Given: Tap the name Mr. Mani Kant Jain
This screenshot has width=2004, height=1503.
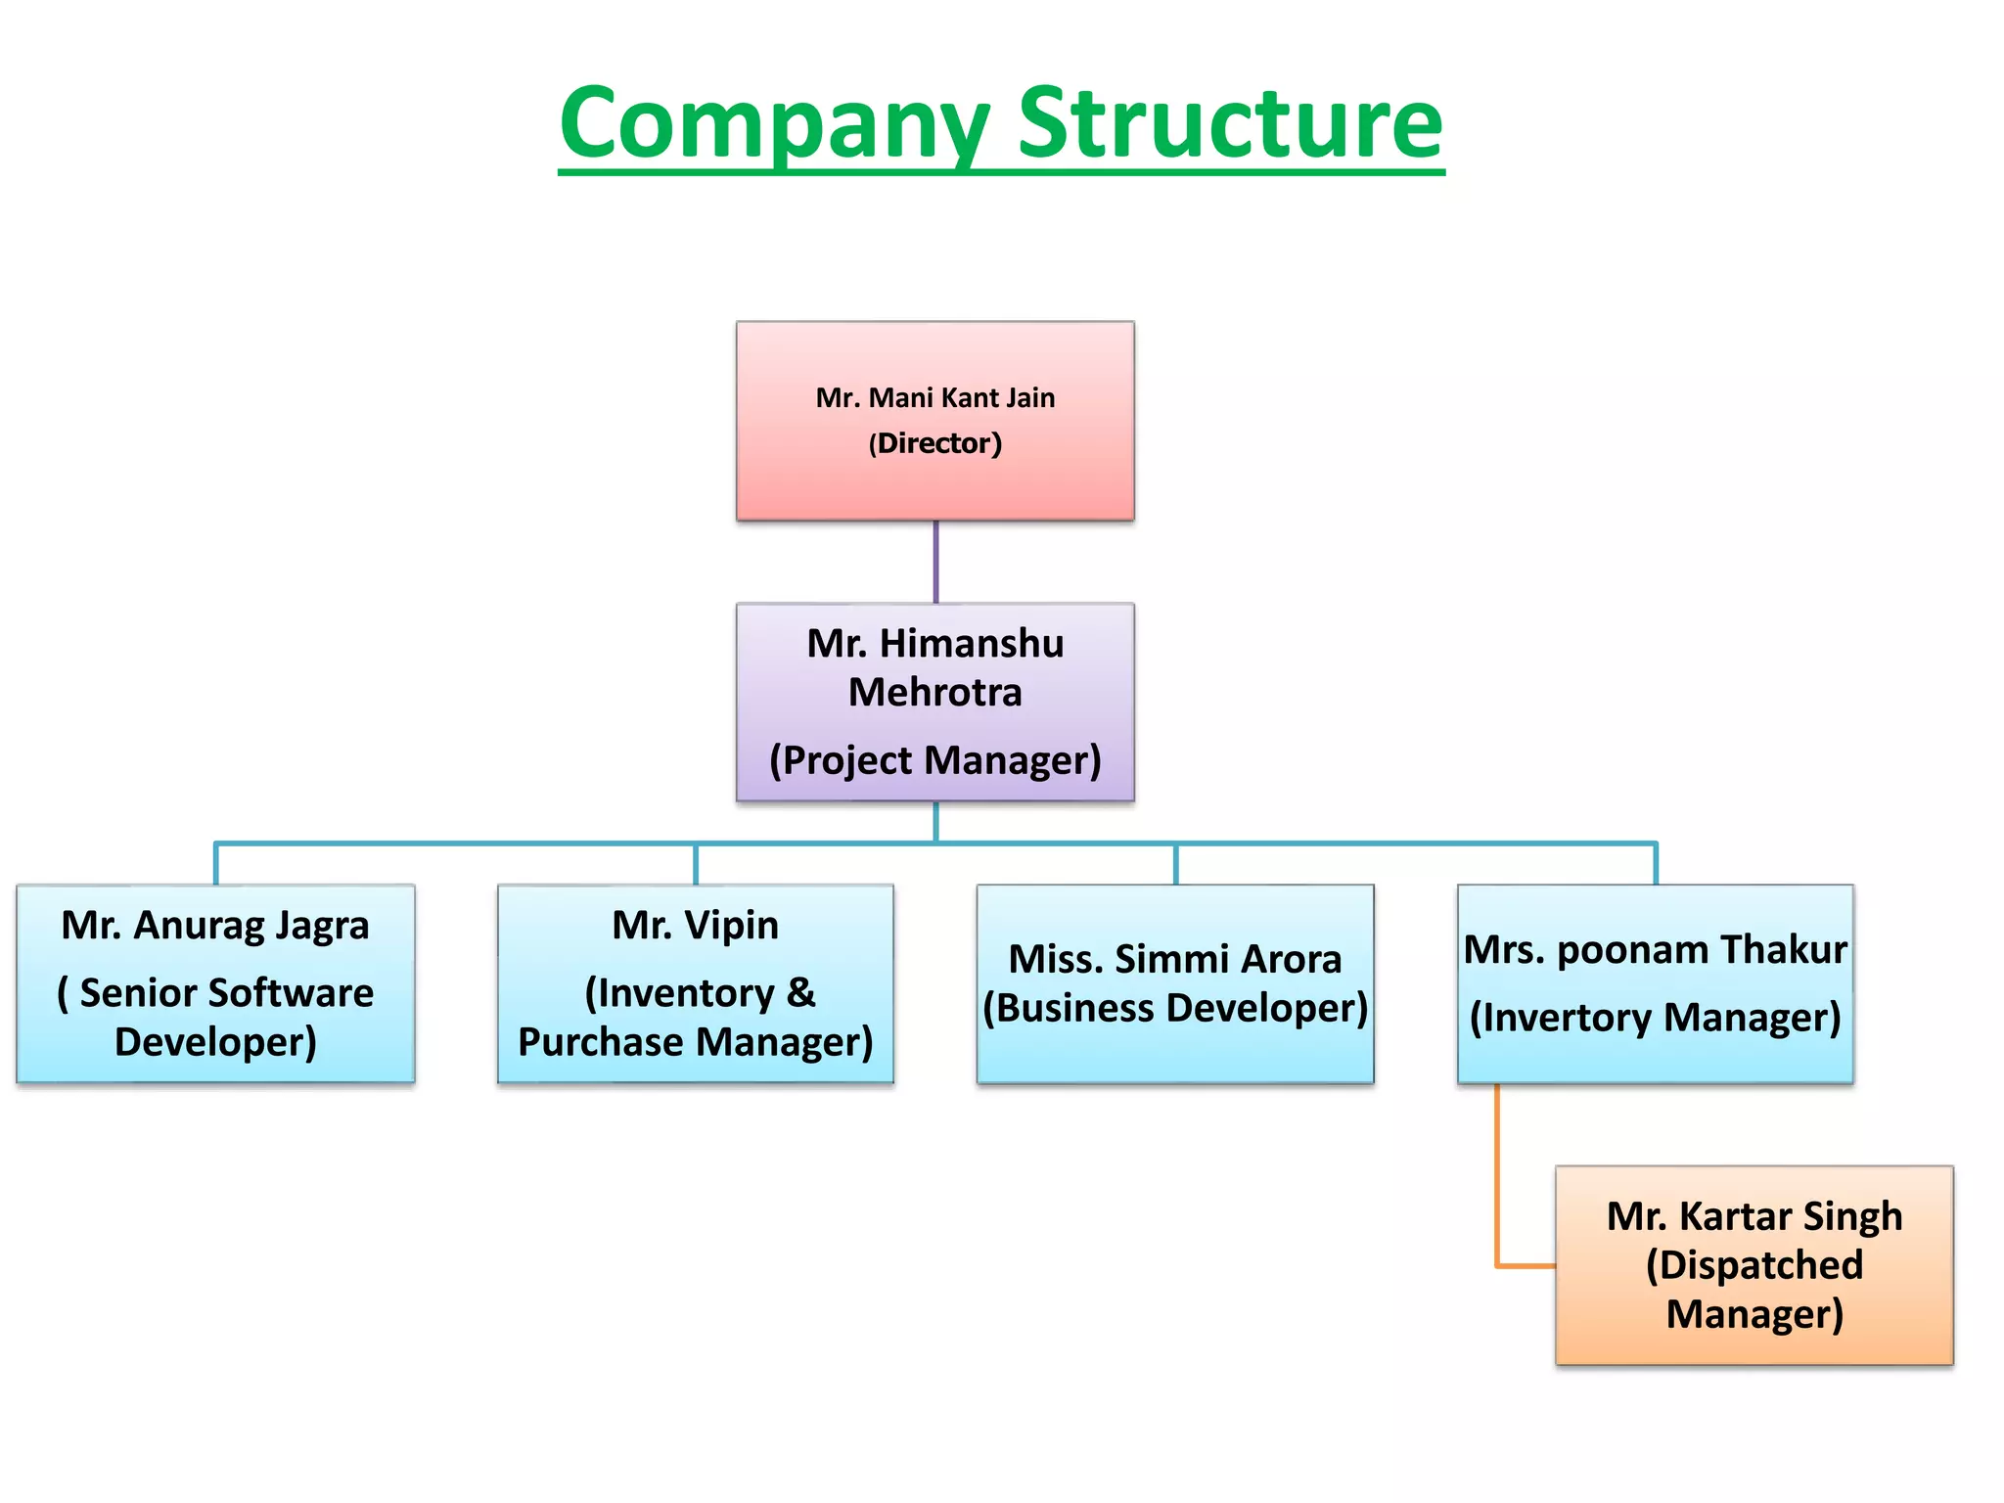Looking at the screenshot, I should coord(934,398).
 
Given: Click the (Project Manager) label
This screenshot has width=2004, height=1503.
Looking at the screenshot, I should coord(934,760).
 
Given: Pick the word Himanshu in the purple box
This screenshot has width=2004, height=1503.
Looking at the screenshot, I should coord(971,644).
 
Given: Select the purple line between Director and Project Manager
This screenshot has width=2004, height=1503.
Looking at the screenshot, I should coord(935,562).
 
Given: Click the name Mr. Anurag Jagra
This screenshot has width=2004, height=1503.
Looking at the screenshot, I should coord(215,926).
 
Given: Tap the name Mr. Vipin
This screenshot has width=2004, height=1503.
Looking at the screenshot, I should coord(695,926).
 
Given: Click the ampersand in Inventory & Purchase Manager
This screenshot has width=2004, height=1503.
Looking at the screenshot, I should coord(800,993).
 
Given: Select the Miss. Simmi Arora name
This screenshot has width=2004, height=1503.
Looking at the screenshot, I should coord(1174,959).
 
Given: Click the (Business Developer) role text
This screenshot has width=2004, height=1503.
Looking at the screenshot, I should coord(1174,1008).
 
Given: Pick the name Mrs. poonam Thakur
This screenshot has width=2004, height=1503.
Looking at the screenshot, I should coord(1655,950).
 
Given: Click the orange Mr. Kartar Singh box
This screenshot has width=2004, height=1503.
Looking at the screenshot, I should coord(1753,1350).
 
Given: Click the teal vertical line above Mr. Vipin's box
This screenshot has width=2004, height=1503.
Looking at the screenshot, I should coord(696,865).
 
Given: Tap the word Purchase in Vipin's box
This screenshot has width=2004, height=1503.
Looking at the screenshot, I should coord(601,1042).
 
